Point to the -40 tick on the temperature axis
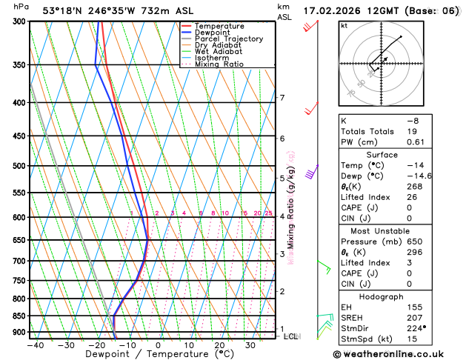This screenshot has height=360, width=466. (x=34, y=344)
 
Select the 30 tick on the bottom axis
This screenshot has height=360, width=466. (x=250, y=344)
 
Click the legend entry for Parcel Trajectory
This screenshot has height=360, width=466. (x=232, y=39)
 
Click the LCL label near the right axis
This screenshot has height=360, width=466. (x=290, y=336)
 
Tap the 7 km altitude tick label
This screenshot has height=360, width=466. (x=282, y=98)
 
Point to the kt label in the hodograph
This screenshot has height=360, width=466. (x=344, y=25)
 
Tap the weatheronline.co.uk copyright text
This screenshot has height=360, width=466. (x=399, y=353)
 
